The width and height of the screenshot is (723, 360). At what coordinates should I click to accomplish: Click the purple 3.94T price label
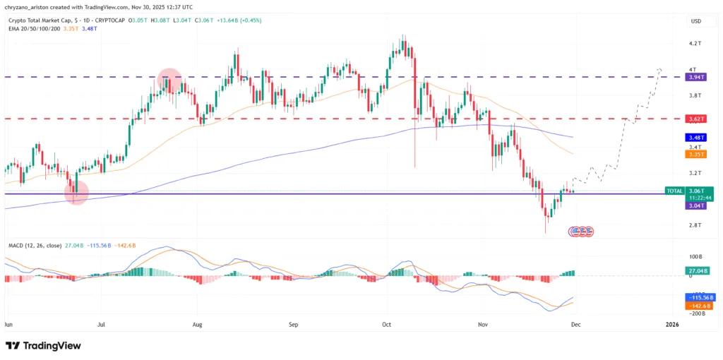[695, 76]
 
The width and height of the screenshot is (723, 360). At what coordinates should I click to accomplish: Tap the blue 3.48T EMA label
[695, 137]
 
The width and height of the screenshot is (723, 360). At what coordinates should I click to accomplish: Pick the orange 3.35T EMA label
[695, 153]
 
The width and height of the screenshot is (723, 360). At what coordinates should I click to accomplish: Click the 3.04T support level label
[695, 205]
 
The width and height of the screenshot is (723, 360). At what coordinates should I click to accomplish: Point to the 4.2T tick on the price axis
[695, 43]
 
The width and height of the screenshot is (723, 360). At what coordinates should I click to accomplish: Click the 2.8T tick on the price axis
[695, 225]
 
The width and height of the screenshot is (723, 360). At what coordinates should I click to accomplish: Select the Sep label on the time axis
[294, 325]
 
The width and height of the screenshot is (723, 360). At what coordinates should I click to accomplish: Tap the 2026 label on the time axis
[672, 325]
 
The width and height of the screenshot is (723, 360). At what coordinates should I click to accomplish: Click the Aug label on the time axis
[198, 325]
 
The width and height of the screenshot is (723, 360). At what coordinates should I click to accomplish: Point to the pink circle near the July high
[169, 80]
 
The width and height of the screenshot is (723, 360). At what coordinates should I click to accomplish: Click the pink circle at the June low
[76, 192]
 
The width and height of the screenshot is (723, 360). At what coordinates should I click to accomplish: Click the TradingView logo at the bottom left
[43, 345]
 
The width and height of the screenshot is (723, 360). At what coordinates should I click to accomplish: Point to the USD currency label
[695, 21]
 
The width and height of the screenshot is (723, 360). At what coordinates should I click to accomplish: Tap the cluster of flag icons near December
[581, 231]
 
